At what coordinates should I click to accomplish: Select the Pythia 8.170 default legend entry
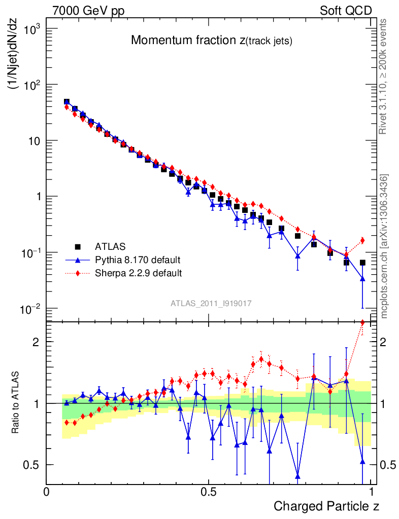pos(137,260)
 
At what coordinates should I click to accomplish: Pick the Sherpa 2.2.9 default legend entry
pos(139,273)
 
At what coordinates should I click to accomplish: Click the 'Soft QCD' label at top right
pos(346,11)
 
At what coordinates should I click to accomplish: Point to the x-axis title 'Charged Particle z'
pos(326,506)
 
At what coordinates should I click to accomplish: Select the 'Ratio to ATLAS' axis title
pos(16,403)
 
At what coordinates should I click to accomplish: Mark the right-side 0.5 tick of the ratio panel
pos(387,464)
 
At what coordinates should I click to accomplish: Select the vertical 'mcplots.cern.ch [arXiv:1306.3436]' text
pos(384,246)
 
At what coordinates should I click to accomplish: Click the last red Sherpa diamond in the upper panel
pos(362,240)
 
